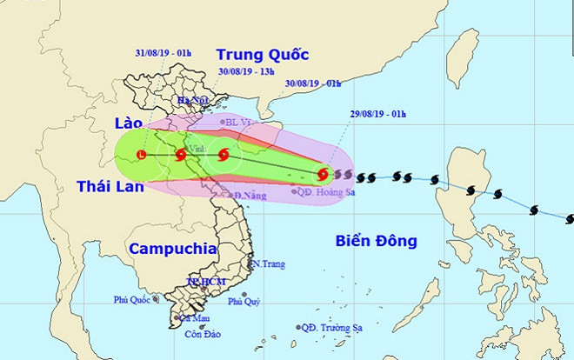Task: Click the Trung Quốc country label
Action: (x=263, y=54)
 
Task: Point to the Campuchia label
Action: (x=172, y=249)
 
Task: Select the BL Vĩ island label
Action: (x=237, y=123)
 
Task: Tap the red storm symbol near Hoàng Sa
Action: (x=324, y=174)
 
